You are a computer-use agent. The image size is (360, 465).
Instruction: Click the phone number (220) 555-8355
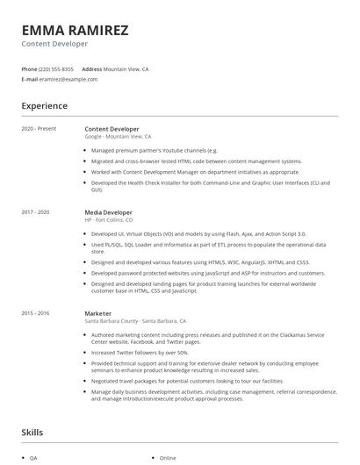click(x=56, y=68)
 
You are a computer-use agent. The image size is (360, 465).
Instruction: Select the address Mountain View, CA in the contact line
click(x=126, y=68)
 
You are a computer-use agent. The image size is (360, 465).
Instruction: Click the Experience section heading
click(x=44, y=106)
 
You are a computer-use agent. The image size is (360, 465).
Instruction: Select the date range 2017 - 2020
click(x=35, y=212)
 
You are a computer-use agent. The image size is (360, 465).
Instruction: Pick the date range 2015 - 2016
click(x=35, y=312)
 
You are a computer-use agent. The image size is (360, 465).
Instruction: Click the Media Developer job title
click(x=108, y=212)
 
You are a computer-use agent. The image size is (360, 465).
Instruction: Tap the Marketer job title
click(x=97, y=312)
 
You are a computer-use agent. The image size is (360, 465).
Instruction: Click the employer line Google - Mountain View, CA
click(x=118, y=137)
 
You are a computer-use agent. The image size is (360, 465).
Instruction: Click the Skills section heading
click(x=32, y=433)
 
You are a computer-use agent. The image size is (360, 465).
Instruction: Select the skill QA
click(x=33, y=458)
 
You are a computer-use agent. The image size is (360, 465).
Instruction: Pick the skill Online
click(x=168, y=458)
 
